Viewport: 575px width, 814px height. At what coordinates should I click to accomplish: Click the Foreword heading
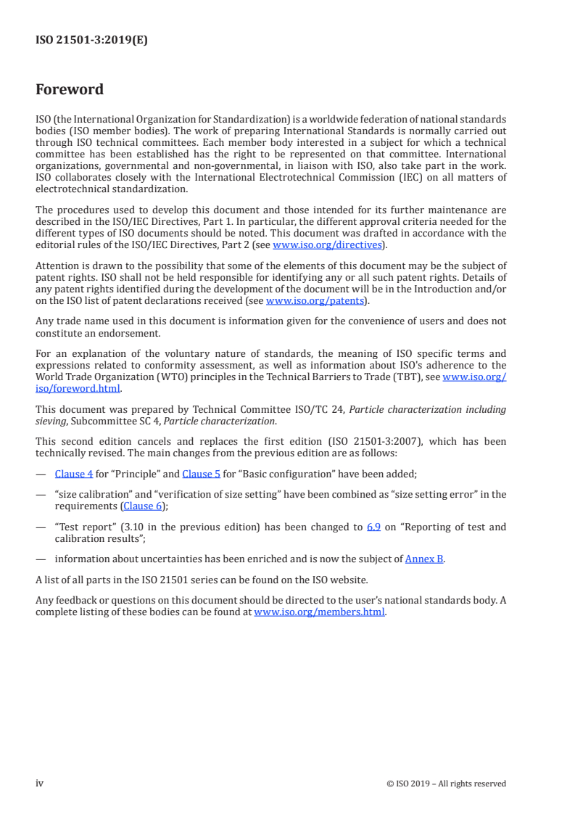tap(70, 90)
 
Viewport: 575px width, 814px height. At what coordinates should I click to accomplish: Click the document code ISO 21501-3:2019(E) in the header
tap(91, 41)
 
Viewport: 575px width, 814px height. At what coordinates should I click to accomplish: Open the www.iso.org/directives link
tap(327, 245)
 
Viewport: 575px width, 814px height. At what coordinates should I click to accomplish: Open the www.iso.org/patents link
tap(315, 300)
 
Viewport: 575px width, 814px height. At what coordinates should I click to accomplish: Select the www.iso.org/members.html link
tap(320, 612)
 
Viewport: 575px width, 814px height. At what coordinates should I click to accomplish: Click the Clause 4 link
tap(74, 474)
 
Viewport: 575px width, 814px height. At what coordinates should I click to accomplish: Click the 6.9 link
tap(373, 527)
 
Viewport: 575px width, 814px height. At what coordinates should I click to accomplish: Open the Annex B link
tap(424, 559)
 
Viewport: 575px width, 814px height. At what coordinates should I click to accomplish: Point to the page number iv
tap(40, 783)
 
